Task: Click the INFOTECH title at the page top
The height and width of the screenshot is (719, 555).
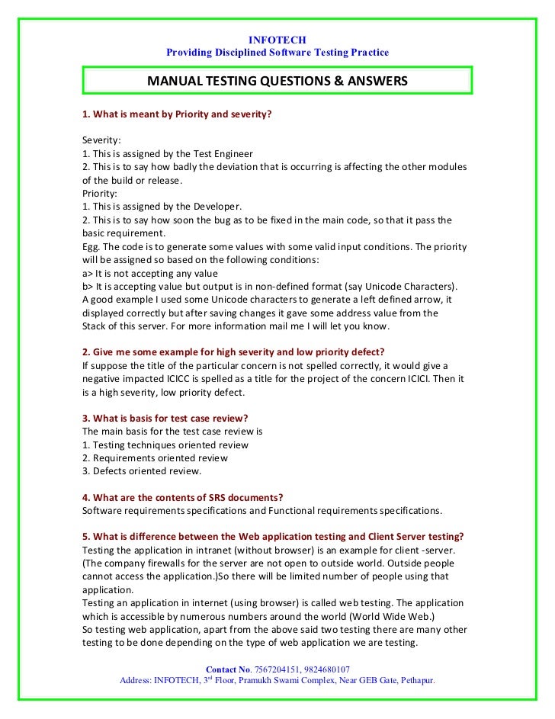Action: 277,40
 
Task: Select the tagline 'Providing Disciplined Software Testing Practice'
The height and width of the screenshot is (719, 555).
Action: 277,53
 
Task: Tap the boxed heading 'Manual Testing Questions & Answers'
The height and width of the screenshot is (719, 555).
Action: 277,81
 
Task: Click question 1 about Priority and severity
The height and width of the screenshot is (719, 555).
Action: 177,115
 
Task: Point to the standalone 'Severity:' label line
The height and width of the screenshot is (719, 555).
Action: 101,140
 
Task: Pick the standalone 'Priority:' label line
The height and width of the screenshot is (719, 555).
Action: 99,193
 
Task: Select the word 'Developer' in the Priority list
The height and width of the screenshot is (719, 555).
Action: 216,207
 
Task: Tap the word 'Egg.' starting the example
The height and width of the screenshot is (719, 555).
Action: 92,246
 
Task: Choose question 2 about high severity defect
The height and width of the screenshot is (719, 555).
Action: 233,351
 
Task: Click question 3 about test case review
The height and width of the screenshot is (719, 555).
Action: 165,419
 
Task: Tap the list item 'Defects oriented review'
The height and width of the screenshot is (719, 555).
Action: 141,471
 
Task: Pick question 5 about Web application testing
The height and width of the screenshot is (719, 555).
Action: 275,537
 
